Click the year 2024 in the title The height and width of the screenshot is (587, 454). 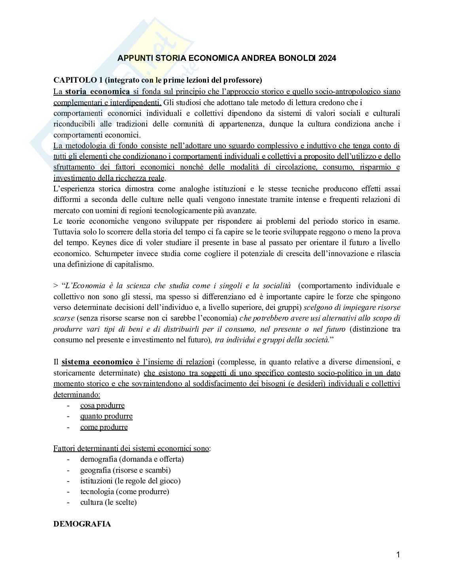click(x=327, y=59)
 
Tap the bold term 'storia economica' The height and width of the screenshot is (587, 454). click(x=97, y=92)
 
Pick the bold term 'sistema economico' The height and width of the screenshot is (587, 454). click(x=97, y=362)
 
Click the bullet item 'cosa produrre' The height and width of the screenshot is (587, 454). click(x=102, y=406)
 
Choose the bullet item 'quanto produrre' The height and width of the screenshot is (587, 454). click(x=106, y=416)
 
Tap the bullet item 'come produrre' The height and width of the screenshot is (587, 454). click(x=104, y=427)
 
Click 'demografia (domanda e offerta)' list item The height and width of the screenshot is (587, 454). click(x=132, y=459)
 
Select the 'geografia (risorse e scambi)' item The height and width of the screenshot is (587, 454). click(x=125, y=470)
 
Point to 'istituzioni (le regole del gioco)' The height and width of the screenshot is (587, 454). click(x=131, y=481)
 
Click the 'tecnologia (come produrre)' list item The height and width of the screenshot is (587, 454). click(x=125, y=492)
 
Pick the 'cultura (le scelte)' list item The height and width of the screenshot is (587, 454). click(x=108, y=502)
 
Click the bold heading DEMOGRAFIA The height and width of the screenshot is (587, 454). click(x=82, y=524)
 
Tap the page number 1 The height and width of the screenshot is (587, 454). click(x=398, y=555)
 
